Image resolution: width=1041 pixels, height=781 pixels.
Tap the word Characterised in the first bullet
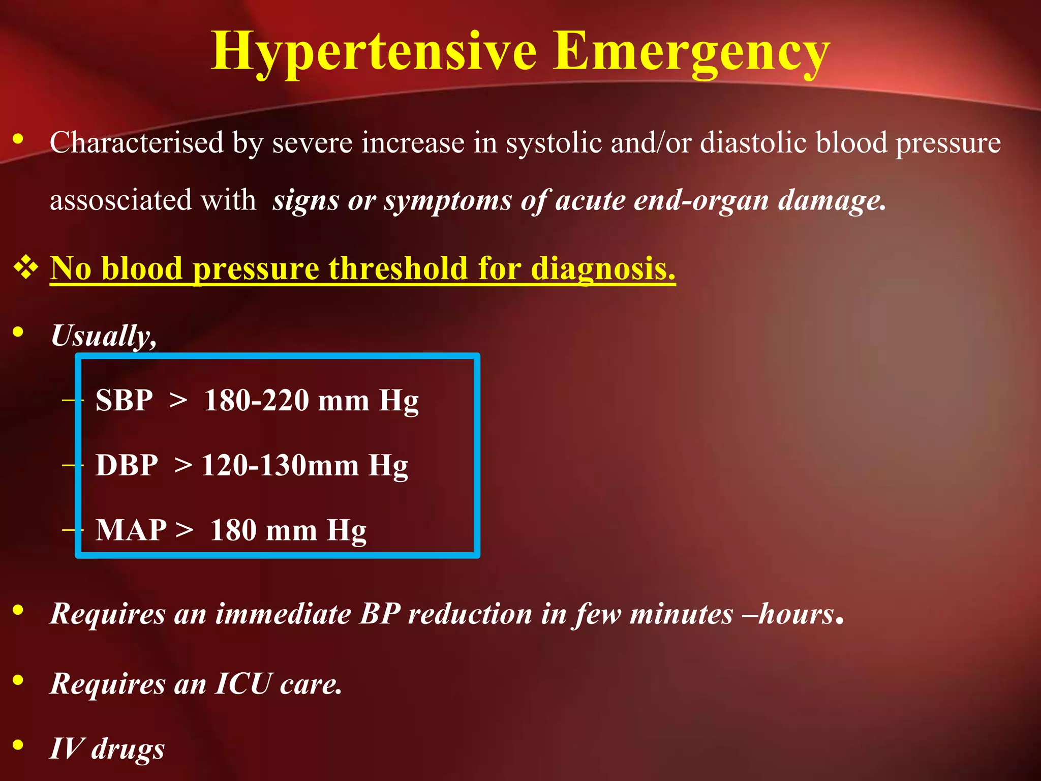pyautogui.click(x=137, y=142)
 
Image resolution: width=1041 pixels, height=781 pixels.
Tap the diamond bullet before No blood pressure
pyautogui.click(x=26, y=267)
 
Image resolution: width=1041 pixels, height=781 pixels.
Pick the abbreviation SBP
pyautogui.click(x=124, y=400)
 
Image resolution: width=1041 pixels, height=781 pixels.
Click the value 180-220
pyautogui.click(x=256, y=400)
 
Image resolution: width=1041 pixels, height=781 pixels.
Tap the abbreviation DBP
pyautogui.click(x=127, y=465)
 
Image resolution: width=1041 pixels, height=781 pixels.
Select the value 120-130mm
pyautogui.click(x=280, y=465)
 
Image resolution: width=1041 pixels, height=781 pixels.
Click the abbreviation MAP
pyautogui.click(x=131, y=530)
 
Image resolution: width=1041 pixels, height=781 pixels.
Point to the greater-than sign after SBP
pyautogui.click(x=178, y=400)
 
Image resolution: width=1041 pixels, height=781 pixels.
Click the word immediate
pyautogui.click(x=283, y=614)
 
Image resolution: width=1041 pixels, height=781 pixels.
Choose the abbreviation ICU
pyautogui.click(x=243, y=683)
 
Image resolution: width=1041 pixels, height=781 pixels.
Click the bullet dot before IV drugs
pyautogui.click(x=18, y=745)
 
